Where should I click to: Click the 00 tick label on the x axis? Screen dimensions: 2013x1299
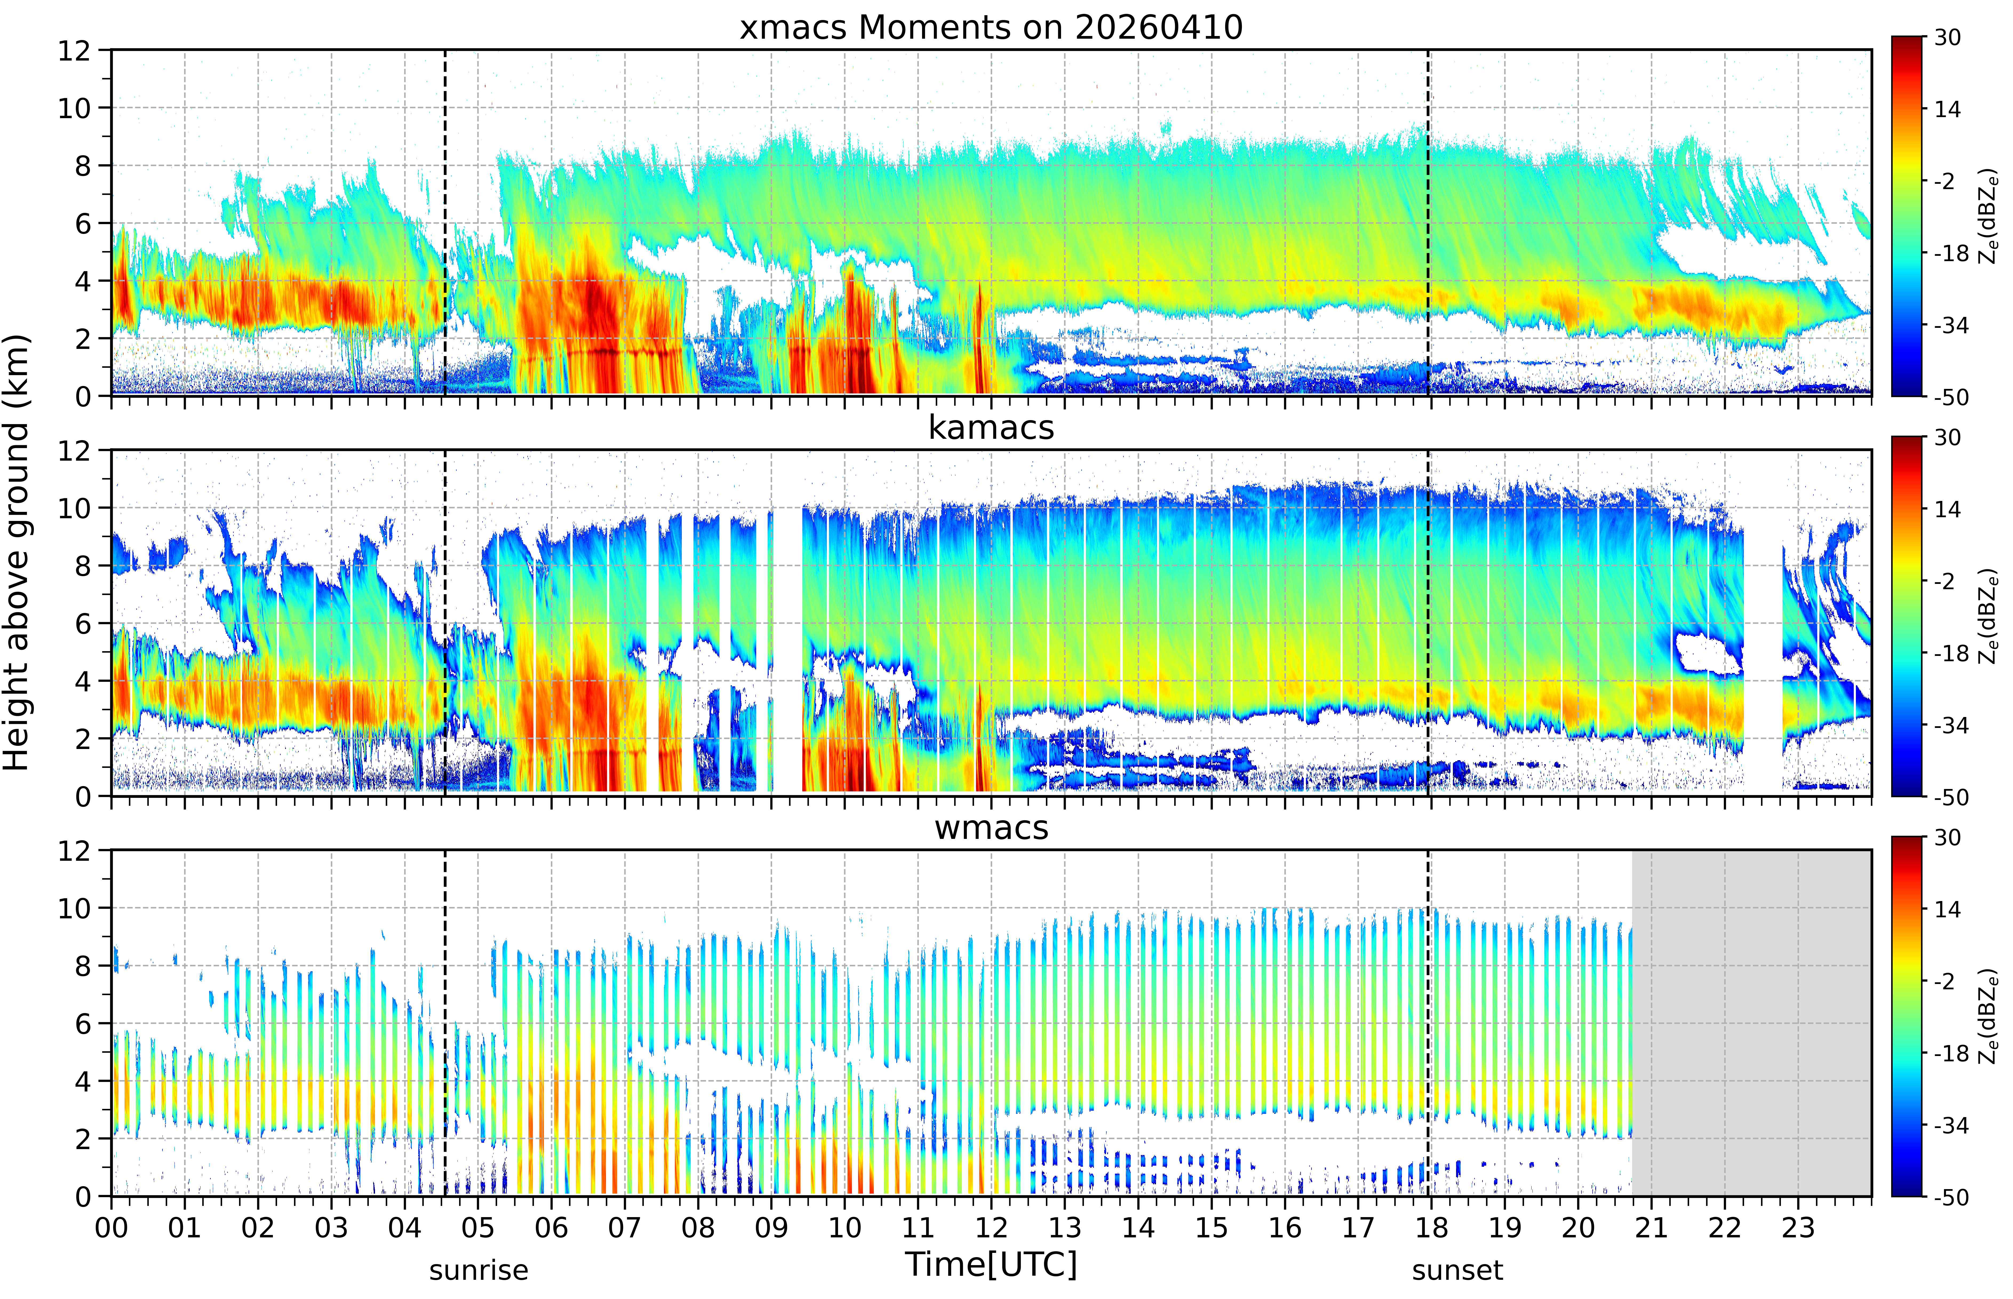tap(111, 1227)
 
